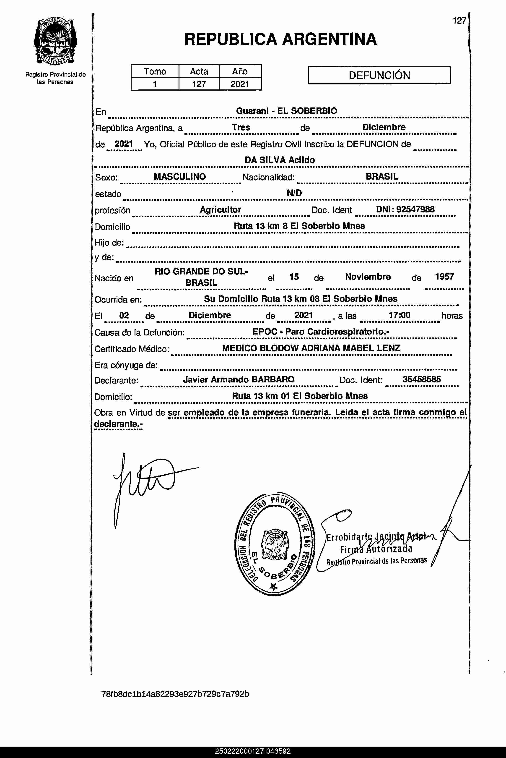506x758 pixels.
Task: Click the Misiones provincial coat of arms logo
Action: point(55,41)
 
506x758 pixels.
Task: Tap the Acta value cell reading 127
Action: point(199,84)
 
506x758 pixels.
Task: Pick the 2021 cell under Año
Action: point(240,84)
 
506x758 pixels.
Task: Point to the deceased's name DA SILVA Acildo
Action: point(280,160)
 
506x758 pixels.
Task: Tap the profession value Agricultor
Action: point(221,209)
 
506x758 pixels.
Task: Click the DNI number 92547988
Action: point(415,209)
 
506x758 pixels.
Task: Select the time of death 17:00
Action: point(399,315)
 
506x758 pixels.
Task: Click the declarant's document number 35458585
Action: point(421,379)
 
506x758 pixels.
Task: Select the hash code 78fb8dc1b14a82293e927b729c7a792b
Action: point(175,694)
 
